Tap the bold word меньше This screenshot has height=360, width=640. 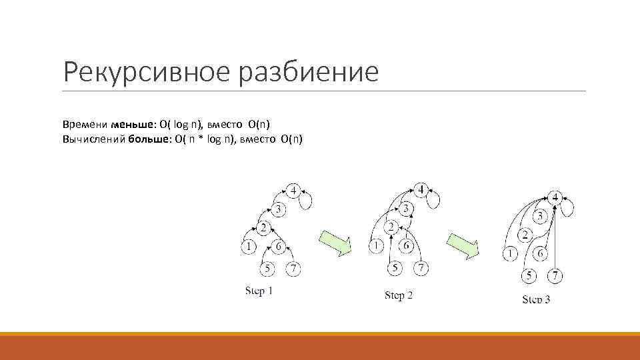(x=132, y=124)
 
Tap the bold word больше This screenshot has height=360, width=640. (x=146, y=139)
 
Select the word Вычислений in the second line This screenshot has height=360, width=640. (x=91, y=139)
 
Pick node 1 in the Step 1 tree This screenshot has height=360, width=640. (x=248, y=247)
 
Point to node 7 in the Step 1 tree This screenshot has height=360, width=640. (x=293, y=269)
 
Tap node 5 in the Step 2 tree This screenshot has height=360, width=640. (x=395, y=267)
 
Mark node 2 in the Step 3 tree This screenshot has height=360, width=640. (x=525, y=235)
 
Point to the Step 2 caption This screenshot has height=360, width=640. (x=399, y=295)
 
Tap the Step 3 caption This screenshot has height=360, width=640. (x=536, y=299)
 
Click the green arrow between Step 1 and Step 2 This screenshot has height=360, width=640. (x=335, y=243)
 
